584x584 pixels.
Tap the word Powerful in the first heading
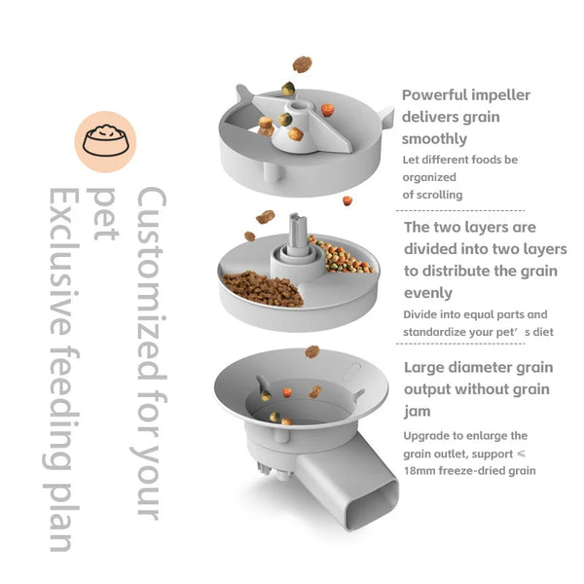point(437,95)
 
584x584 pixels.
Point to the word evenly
point(428,292)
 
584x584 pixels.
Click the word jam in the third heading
point(417,411)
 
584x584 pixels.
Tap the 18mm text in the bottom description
point(421,471)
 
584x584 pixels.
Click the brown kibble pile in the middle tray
point(262,288)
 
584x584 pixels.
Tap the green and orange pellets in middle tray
point(340,255)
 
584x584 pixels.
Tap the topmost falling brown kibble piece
point(303,64)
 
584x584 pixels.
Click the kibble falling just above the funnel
point(311,351)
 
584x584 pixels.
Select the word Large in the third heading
point(427,368)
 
